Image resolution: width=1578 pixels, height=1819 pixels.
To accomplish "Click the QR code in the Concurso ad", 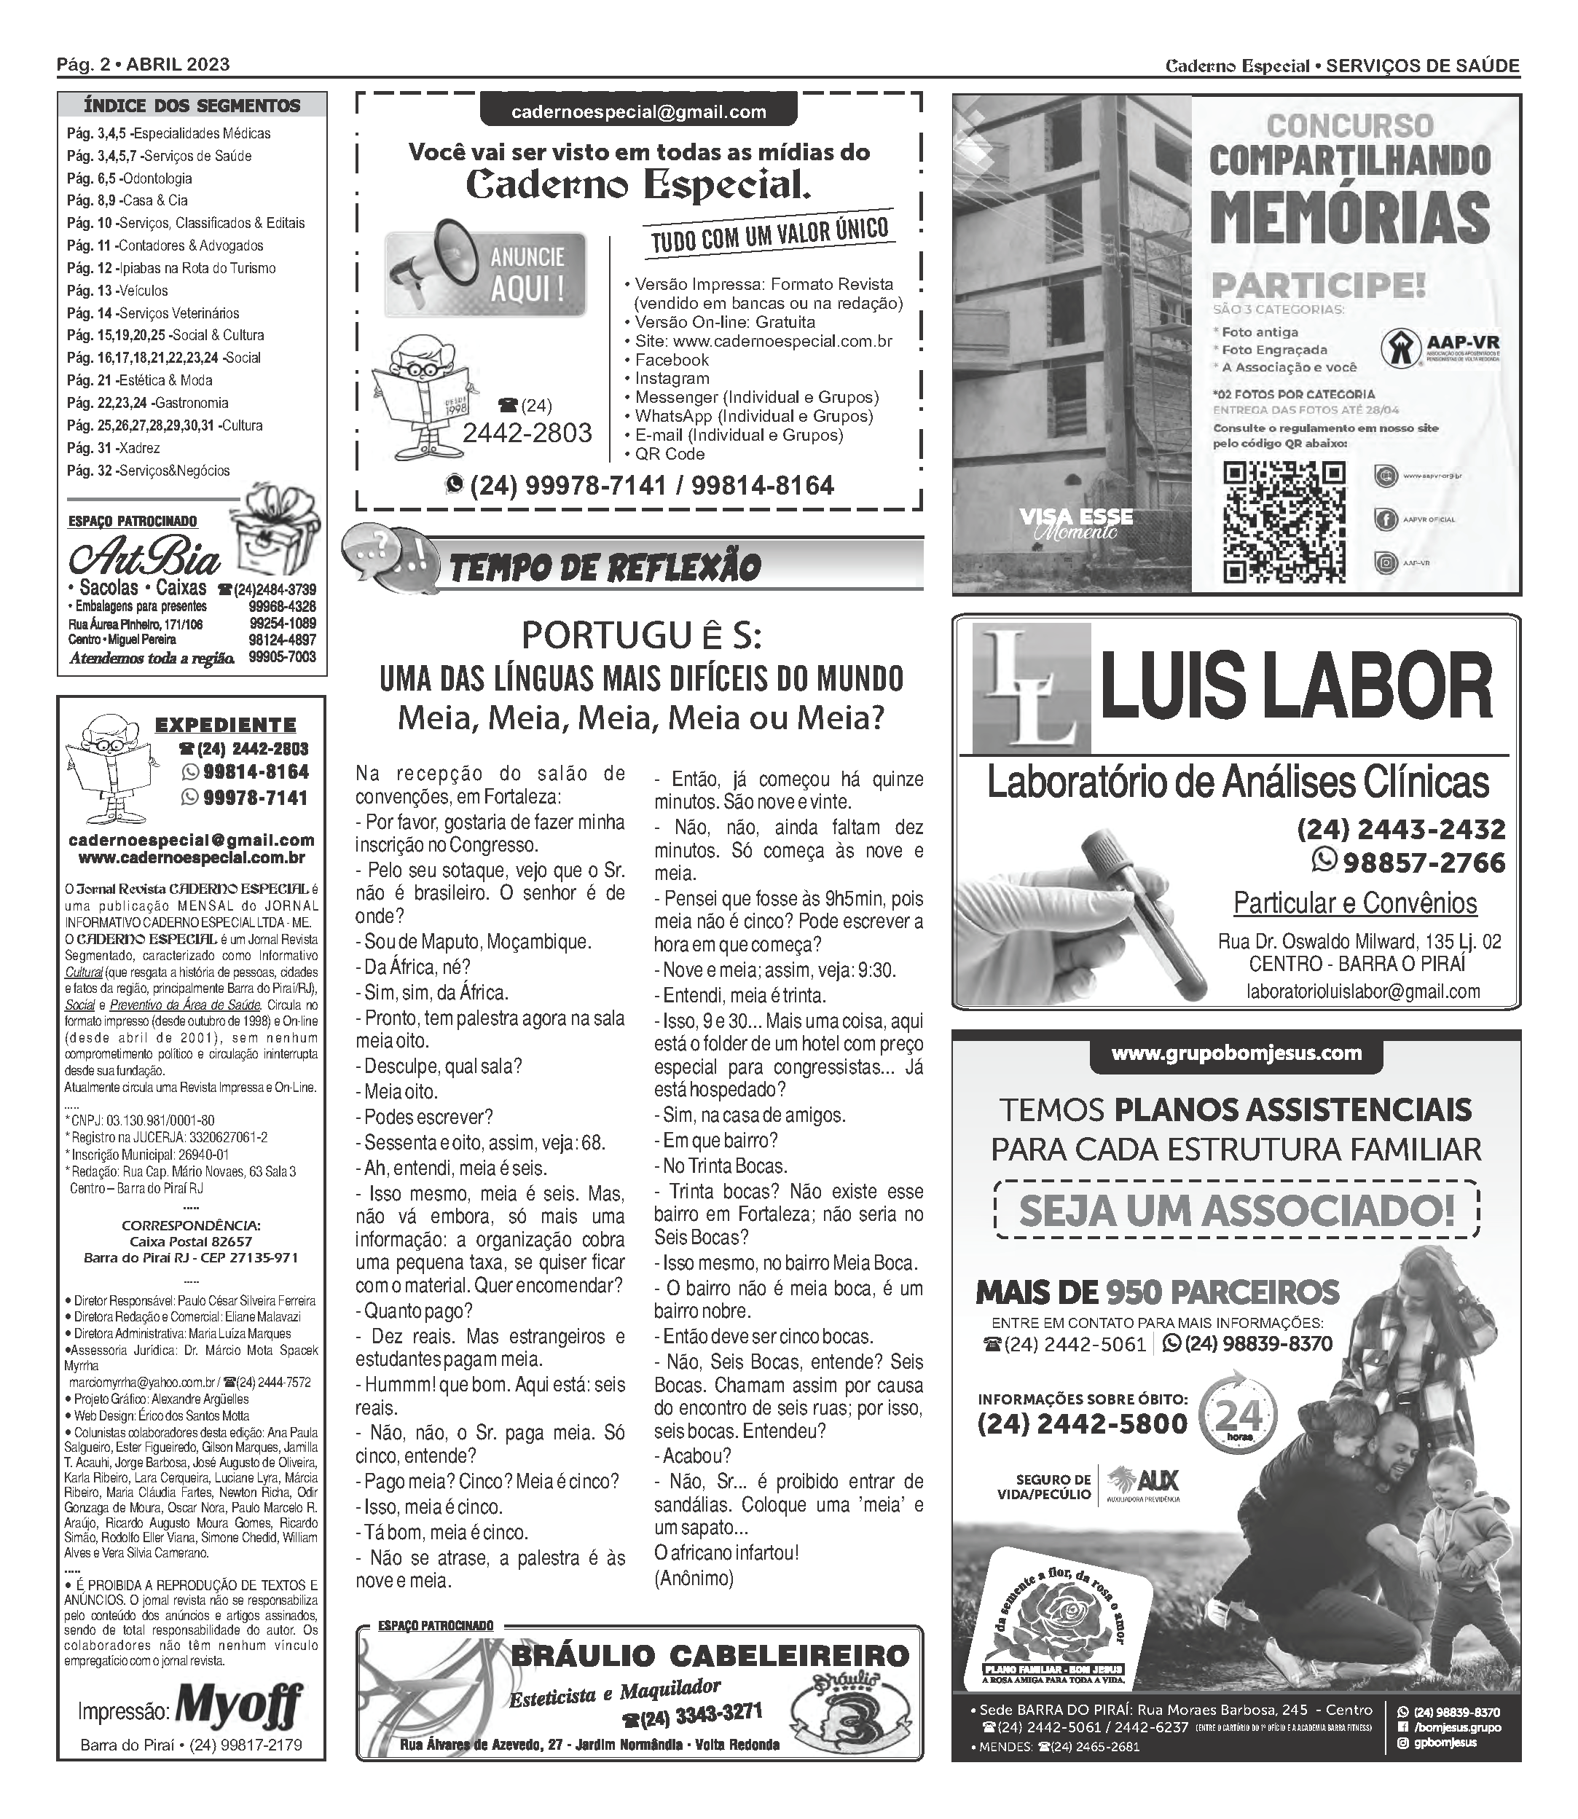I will click(1285, 522).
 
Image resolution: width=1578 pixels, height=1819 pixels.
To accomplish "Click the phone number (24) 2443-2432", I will click(1401, 828).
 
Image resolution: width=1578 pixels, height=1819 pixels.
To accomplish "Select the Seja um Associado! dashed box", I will click(1236, 1211).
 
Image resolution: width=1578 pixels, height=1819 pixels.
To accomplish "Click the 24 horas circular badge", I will click(1239, 1417).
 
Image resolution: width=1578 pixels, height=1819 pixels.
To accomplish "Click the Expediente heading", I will click(225, 725).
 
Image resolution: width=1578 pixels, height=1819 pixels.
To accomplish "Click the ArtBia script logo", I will click(145, 557).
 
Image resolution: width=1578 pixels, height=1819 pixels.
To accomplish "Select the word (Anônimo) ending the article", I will click(694, 1578).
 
